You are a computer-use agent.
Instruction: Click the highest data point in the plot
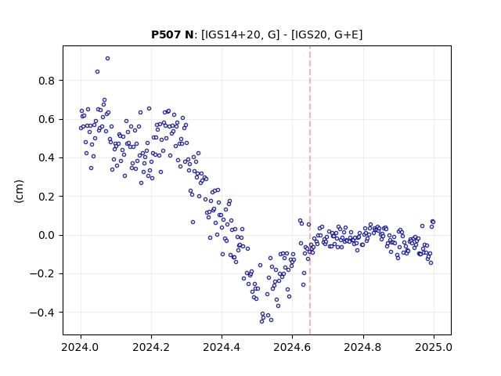tap(108, 59)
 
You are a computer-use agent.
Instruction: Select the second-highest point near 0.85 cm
tap(97, 71)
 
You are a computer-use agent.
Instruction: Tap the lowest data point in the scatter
tap(261, 321)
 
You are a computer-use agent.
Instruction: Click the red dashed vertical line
tap(310, 190)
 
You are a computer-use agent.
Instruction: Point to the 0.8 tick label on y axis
tap(47, 81)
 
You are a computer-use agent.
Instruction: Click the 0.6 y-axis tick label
tap(47, 119)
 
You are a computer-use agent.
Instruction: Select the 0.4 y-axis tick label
tap(47, 158)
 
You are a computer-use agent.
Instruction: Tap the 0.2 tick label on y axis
tap(47, 197)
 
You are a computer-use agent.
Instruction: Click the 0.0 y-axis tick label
tap(47, 235)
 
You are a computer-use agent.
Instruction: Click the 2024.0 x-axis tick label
tap(81, 347)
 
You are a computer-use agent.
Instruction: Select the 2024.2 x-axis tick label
tap(151, 347)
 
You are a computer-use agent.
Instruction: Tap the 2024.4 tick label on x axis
tap(222, 347)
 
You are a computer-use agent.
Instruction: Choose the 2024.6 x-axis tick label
tap(292, 347)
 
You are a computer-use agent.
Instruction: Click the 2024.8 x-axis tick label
tap(363, 347)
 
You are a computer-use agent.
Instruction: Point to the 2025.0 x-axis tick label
tap(434, 347)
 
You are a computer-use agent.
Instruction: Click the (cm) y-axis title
tap(19, 191)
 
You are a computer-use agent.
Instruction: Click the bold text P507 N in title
tap(172, 34)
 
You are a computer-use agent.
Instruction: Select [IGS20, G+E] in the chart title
tap(327, 34)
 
